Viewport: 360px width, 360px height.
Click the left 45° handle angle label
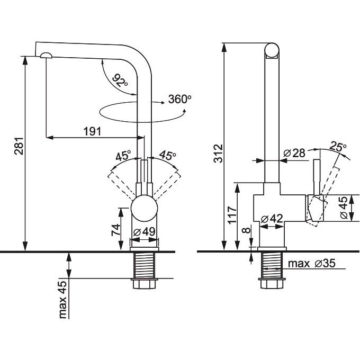[123, 156]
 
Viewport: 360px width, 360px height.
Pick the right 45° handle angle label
[167, 156]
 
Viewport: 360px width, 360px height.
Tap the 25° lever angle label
[338, 147]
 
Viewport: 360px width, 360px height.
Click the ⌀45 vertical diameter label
[344, 208]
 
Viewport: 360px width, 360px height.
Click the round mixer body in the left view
[145, 207]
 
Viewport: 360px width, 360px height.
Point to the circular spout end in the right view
[271, 50]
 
